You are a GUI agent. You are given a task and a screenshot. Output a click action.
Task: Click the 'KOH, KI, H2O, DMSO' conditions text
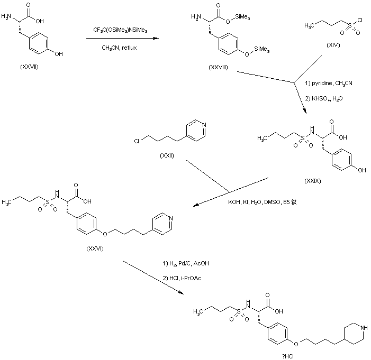click(258, 202)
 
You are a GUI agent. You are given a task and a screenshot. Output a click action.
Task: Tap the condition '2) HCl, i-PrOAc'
click(180, 276)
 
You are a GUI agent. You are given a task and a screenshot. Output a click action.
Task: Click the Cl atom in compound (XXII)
click(137, 141)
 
